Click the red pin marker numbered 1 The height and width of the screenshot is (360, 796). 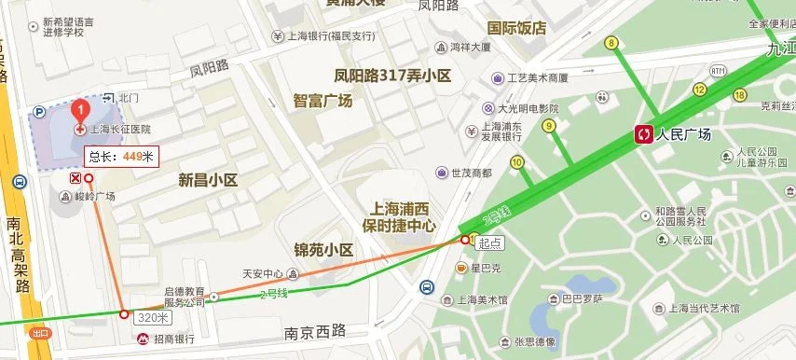pyautogui.click(x=81, y=109)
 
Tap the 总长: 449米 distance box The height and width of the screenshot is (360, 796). pyautogui.click(x=122, y=156)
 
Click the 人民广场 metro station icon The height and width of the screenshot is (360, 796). pyautogui.click(x=644, y=135)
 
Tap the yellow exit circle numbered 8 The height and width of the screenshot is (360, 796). pyautogui.click(x=611, y=43)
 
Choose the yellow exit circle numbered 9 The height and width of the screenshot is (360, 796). pyautogui.click(x=549, y=126)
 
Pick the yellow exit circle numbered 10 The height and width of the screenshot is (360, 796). pyautogui.click(x=516, y=162)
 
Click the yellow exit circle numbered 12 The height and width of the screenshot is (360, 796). pyautogui.click(x=699, y=90)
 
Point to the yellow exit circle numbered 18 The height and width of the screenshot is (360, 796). pyautogui.click(x=740, y=94)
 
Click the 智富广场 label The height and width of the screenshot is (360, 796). pyautogui.click(x=323, y=101)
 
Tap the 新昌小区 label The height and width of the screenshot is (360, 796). pyautogui.click(x=209, y=180)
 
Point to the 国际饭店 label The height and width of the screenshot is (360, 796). pyautogui.click(x=516, y=28)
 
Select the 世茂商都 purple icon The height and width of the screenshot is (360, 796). pyautogui.click(x=441, y=173)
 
